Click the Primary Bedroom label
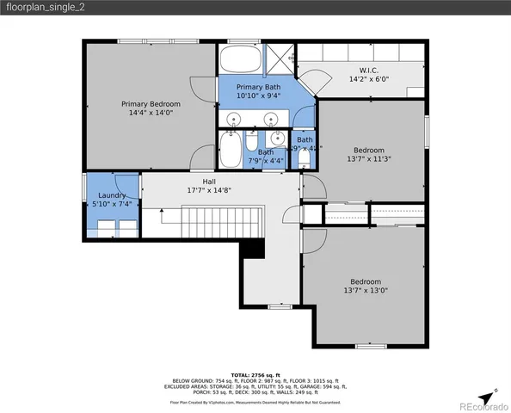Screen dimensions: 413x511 click(x=150, y=103)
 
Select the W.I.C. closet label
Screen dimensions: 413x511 click(x=368, y=70)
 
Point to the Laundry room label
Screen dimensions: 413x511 click(x=111, y=195)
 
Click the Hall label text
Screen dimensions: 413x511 click(x=209, y=182)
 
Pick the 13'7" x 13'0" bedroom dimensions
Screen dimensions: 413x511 click(x=366, y=291)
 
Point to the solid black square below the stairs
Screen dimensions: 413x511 click(x=252, y=248)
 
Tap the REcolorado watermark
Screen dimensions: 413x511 click(x=483, y=406)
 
